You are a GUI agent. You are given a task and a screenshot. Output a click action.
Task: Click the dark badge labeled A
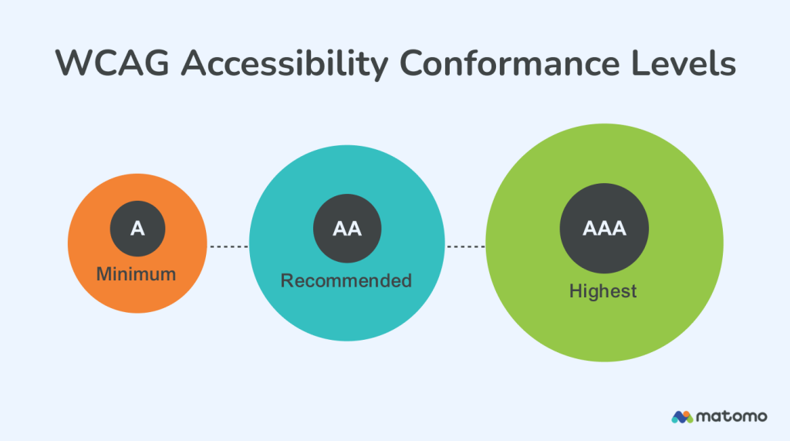[137, 229]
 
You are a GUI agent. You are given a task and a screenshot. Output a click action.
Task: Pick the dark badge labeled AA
[346, 229]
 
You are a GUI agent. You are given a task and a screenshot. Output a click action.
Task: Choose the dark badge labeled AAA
[604, 229]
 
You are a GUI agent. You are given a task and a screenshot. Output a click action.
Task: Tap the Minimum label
[137, 273]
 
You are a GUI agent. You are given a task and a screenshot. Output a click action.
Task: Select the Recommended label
[346, 280]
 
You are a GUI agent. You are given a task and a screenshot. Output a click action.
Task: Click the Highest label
[603, 291]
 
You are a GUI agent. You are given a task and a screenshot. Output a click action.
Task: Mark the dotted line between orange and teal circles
[228, 246]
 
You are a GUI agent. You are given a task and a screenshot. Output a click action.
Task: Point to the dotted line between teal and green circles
[465, 246]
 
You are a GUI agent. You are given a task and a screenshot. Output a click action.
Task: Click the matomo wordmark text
[731, 416]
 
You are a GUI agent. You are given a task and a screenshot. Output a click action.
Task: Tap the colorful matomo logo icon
[682, 416]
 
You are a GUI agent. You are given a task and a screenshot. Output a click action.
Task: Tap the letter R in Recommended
[287, 280]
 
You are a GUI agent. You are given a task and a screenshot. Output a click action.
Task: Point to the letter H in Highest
[575, 291]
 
